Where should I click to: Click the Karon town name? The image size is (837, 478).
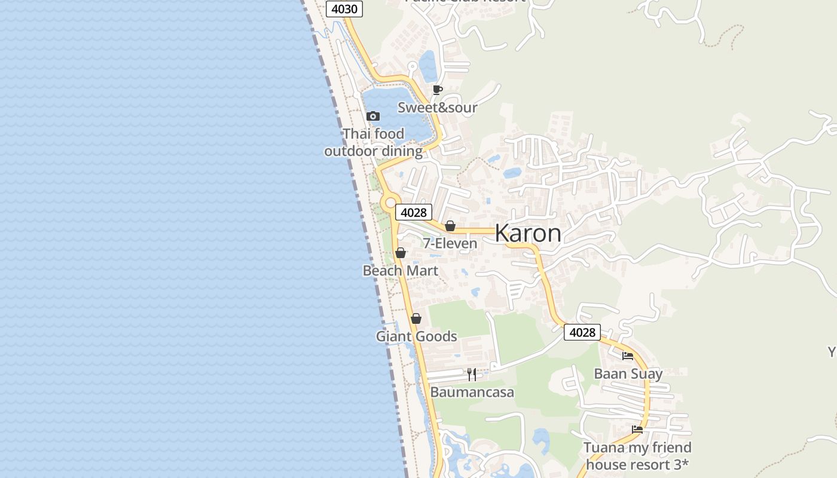(528, 234)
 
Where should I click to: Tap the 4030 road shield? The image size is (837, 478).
(344, 8)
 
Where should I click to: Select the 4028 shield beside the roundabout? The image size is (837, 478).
(414, 212)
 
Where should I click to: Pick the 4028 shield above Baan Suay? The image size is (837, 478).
(582, 332)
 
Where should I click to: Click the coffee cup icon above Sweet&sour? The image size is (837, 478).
(438, 90)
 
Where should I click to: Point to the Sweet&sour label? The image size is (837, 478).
(438, 108)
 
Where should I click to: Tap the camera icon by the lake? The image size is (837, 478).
(372, 116)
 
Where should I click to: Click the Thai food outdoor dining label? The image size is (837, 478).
(374, 142)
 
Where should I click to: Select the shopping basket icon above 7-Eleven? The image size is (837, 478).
(450, 226)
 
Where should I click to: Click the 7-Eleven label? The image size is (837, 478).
(450, 243)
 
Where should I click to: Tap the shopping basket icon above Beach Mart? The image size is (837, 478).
(401, 253)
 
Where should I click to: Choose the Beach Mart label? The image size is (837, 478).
(401, 271)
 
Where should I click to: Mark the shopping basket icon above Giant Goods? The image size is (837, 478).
(416, 318)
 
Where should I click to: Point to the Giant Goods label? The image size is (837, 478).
(416, 336)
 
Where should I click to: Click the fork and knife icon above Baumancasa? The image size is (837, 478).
(472, 375)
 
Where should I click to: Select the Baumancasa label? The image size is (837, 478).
(472, 393)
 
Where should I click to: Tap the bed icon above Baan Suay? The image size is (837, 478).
(628, 356)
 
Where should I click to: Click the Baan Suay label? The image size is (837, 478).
(628, 374)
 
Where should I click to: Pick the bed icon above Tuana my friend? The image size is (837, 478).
(637, 430)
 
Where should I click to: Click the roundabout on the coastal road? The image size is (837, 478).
(390, 204)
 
